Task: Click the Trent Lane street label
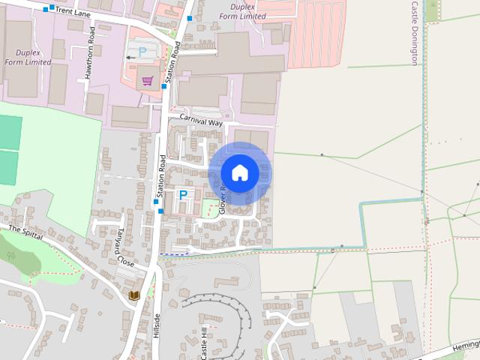coord(73,11)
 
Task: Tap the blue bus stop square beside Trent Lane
coord(46,10)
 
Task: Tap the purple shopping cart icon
coord(148,81)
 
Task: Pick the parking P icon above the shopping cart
coord(142,52)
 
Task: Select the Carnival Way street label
coord(202,121)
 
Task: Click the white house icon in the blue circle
coord(240,172)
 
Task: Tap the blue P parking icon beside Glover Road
coord(182,195)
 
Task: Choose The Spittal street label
coord(26,232)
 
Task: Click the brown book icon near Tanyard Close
coord(134,295)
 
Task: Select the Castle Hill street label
coord(204,344)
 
